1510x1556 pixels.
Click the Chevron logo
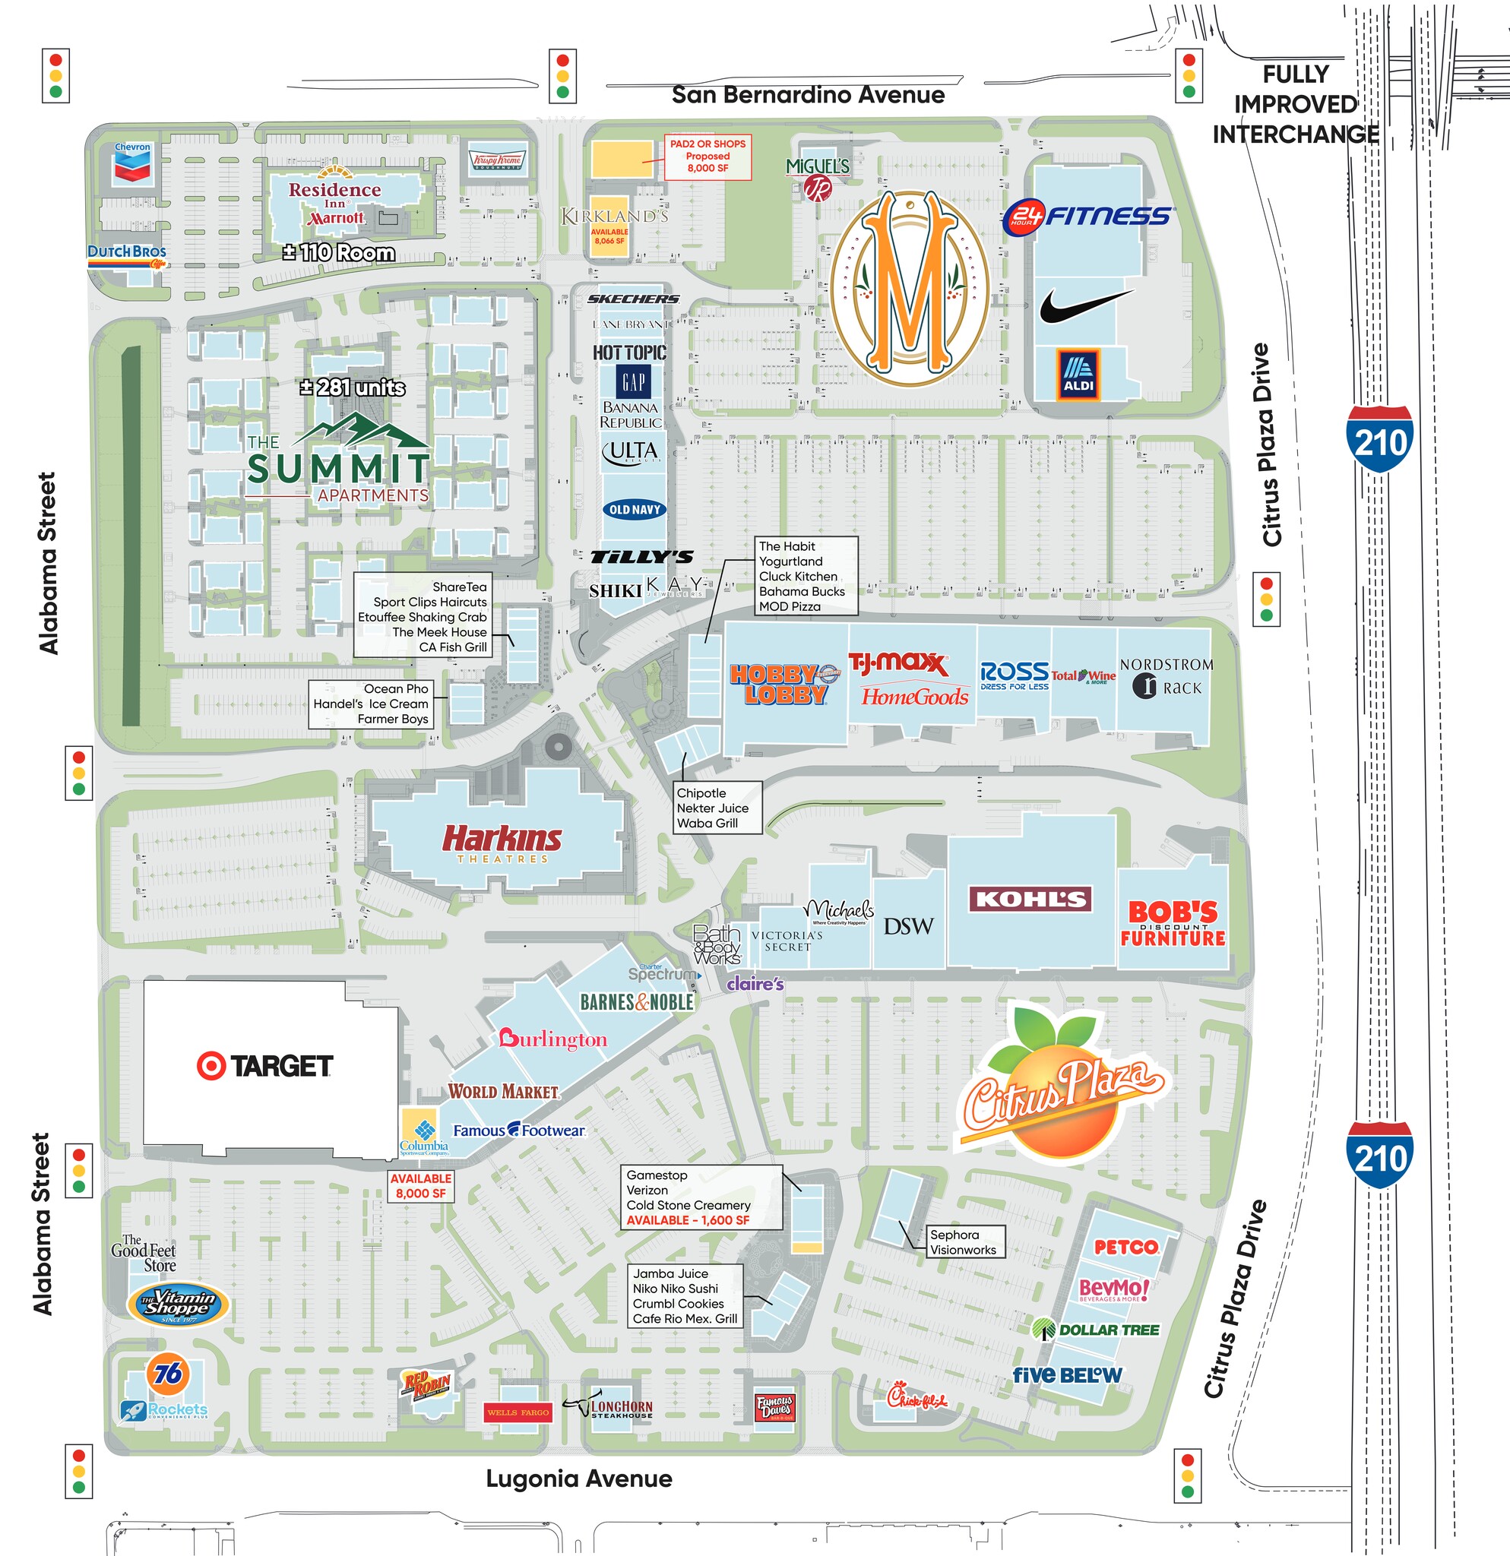tap(132, 163)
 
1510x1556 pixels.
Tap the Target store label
tap(265, 1066)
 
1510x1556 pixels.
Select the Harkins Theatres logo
tap(502, 843)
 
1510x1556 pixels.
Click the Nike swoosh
tap(1085, 305)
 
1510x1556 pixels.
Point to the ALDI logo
tap(1078, 374)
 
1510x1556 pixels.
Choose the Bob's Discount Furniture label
tap(1173, 923)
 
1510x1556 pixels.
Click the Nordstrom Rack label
tap(1167, 676)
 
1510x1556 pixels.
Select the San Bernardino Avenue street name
tap(808, 95)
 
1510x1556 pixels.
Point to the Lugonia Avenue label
tap(579, 1479)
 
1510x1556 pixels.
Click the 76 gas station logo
tap(167, 1373)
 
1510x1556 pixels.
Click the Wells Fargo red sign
tap(518, 1412)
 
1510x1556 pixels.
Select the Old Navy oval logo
tap(635, 510)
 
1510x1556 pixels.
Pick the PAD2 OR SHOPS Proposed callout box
tap(708, 157)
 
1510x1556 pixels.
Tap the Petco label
tap(1125, 1248)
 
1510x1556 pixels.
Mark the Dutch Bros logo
tap(127, 253)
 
